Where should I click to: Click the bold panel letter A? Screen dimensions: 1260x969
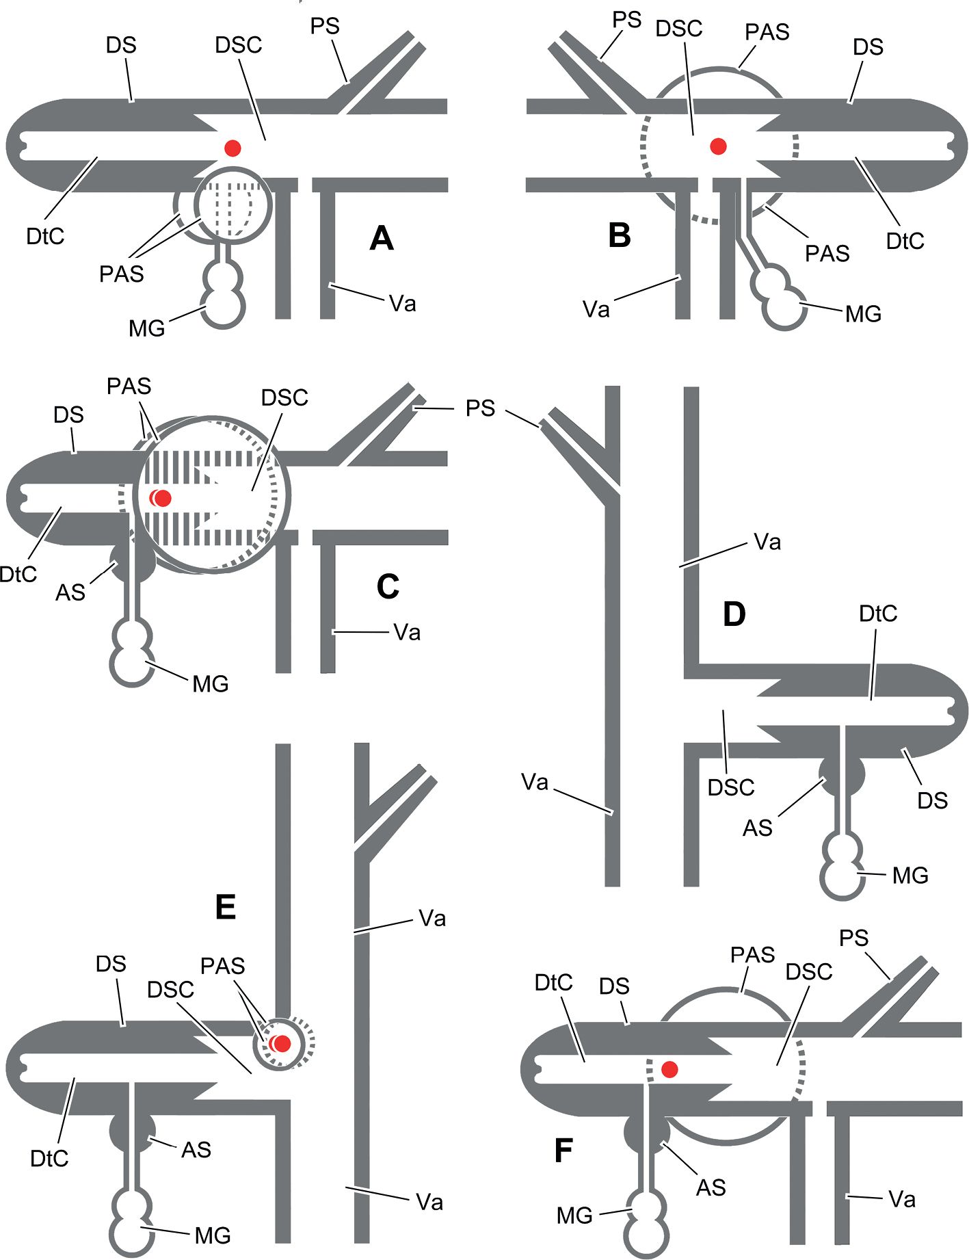point(382,238)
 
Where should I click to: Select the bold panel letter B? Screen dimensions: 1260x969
point(620,235)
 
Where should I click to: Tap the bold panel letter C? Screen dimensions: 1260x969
point(388,586)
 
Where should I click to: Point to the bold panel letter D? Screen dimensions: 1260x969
point(734,615)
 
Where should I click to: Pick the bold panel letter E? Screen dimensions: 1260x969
point(226,908)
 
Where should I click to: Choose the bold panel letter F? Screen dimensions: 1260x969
point(563,1151)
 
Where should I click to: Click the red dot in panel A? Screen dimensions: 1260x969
point(233,147)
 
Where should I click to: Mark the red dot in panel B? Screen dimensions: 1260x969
point(718,146)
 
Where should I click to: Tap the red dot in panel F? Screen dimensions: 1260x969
point(669,1068)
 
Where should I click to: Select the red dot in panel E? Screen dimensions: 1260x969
point(282,1044)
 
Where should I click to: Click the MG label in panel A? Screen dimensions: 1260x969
point(147,328)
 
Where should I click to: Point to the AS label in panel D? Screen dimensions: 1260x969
point(758,828)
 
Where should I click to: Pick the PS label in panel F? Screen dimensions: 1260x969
point(854,938)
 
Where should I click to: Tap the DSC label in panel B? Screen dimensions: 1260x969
point(679,29)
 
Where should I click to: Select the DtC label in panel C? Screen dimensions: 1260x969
point(18,574)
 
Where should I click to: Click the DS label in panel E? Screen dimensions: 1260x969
point(111,964)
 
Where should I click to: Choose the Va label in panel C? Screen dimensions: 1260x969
point(407,633)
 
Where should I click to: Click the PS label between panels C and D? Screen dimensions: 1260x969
point(480,408)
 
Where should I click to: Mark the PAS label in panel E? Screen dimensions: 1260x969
point(222,966)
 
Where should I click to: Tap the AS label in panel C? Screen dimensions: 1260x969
point(70,592)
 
